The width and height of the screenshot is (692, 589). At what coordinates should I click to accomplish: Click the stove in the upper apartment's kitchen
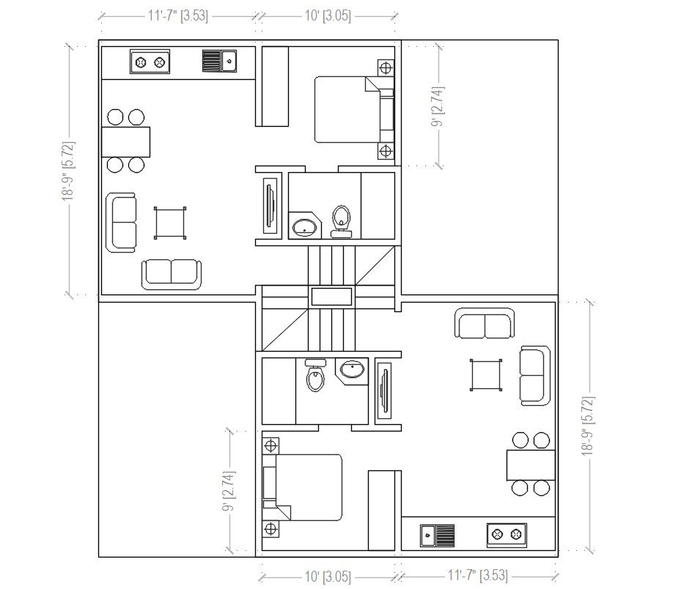point(150,62)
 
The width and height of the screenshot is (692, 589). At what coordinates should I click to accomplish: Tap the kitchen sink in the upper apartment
point(220,61)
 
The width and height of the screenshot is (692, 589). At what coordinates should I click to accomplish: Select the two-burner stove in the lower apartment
point(507,535)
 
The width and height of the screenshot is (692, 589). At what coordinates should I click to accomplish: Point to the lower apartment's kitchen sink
point(437,536)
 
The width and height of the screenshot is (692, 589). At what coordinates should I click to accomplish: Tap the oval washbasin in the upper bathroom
point(304,228)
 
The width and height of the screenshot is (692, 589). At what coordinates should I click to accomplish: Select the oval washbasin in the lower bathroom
point(352,369)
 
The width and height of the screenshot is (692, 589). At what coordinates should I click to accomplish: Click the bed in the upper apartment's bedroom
point(354,109)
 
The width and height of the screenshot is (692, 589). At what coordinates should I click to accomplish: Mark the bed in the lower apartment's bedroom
point(302,487)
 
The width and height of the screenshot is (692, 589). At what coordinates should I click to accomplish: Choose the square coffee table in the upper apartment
point(170,223)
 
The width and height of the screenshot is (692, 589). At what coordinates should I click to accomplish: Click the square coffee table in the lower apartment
point(486,375)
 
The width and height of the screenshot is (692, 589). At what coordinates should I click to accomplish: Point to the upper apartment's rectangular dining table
point(126,141)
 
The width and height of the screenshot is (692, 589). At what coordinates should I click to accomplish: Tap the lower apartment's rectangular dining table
point(531,465)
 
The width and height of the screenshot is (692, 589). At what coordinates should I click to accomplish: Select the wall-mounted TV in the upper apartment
point(270,206)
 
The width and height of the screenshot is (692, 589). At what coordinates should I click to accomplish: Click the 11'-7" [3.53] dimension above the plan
point(178,16)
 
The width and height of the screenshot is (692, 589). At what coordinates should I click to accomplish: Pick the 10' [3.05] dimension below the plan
point(328,577)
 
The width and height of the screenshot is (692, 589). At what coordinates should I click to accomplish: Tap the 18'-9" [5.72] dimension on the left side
point(69,171)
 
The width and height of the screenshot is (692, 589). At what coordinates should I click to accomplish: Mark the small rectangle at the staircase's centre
point(332,297)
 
